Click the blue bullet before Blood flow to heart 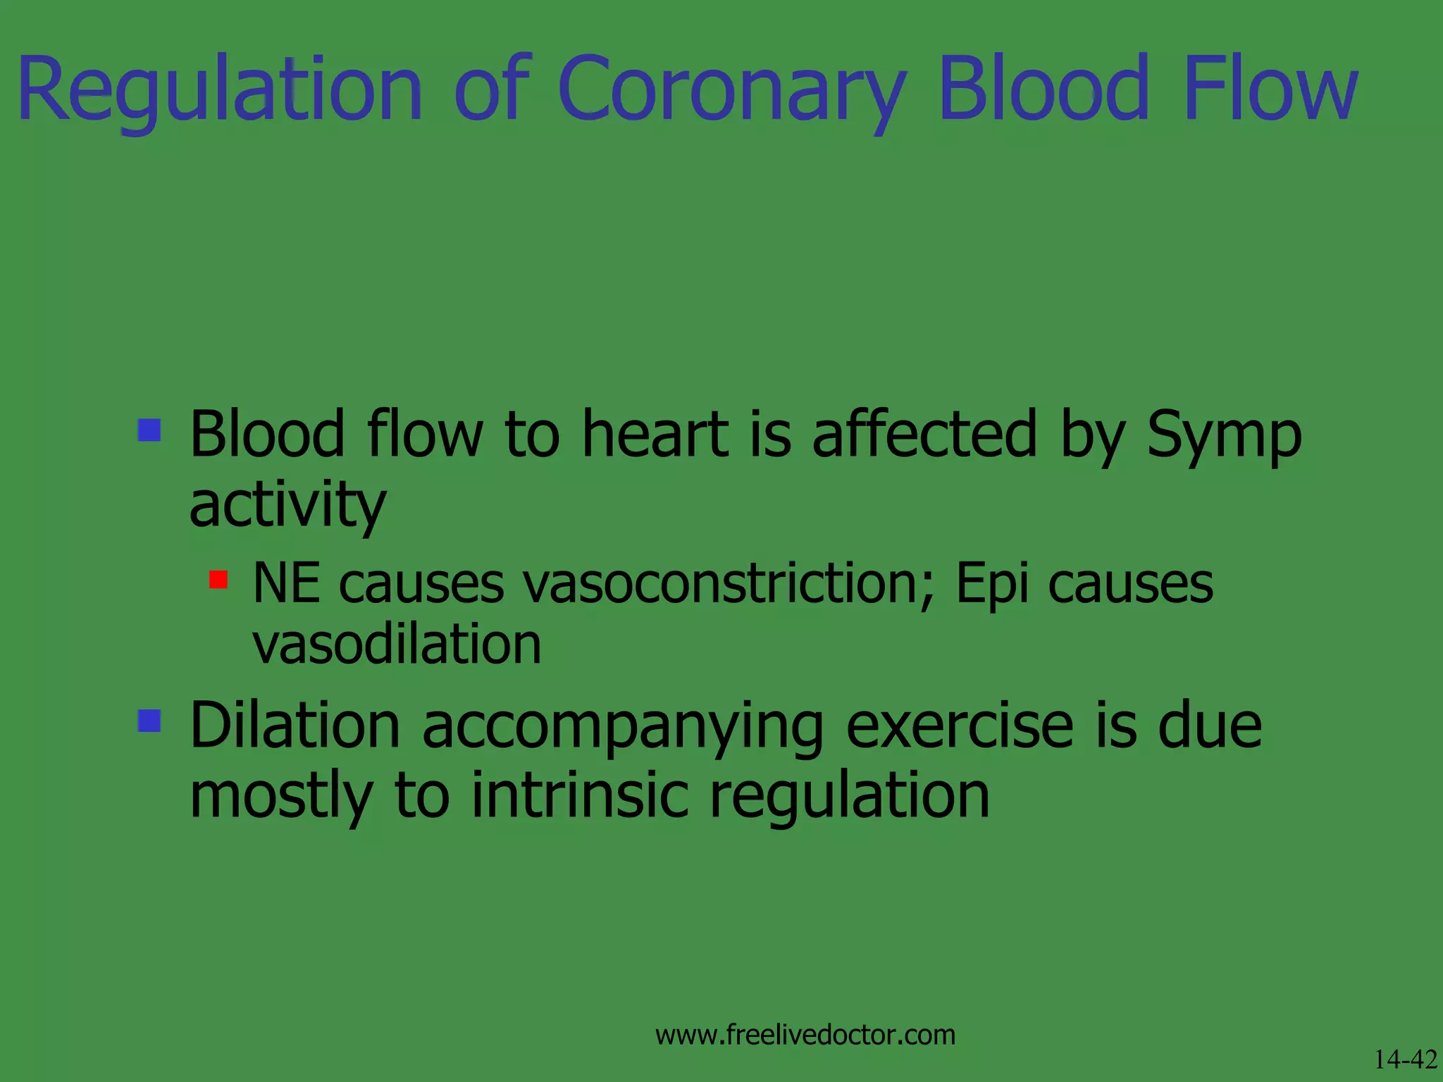pyautogui.click(x=149, y=430)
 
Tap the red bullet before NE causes pyautogui.click(x=218, y=580)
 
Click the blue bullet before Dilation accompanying pyautogui.click(x=149, y=721)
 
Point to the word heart pyautogui.click(x=655, y=435)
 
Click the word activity pyautogui.click(x=287, y=505)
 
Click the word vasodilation pyautogui.click(x=397, y=644)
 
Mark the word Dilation pyautogui.click(x=295, y=726)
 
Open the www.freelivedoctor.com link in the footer pyautogui.click(x=805, y=1035)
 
